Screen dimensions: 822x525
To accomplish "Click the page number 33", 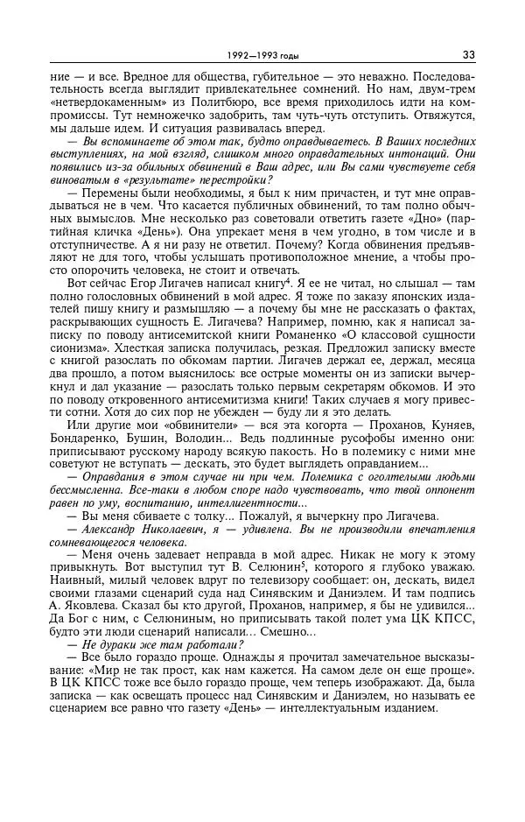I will pos(469,55).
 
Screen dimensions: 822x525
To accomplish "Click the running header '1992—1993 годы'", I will pos(262,56).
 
